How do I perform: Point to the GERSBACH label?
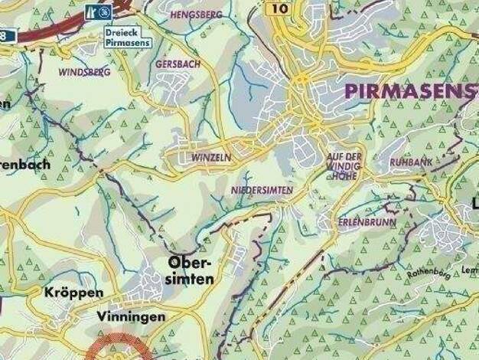[x=178, y=65]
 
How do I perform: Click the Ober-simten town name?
[x=188, y=271]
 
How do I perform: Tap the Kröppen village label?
[x=73, y=293]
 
